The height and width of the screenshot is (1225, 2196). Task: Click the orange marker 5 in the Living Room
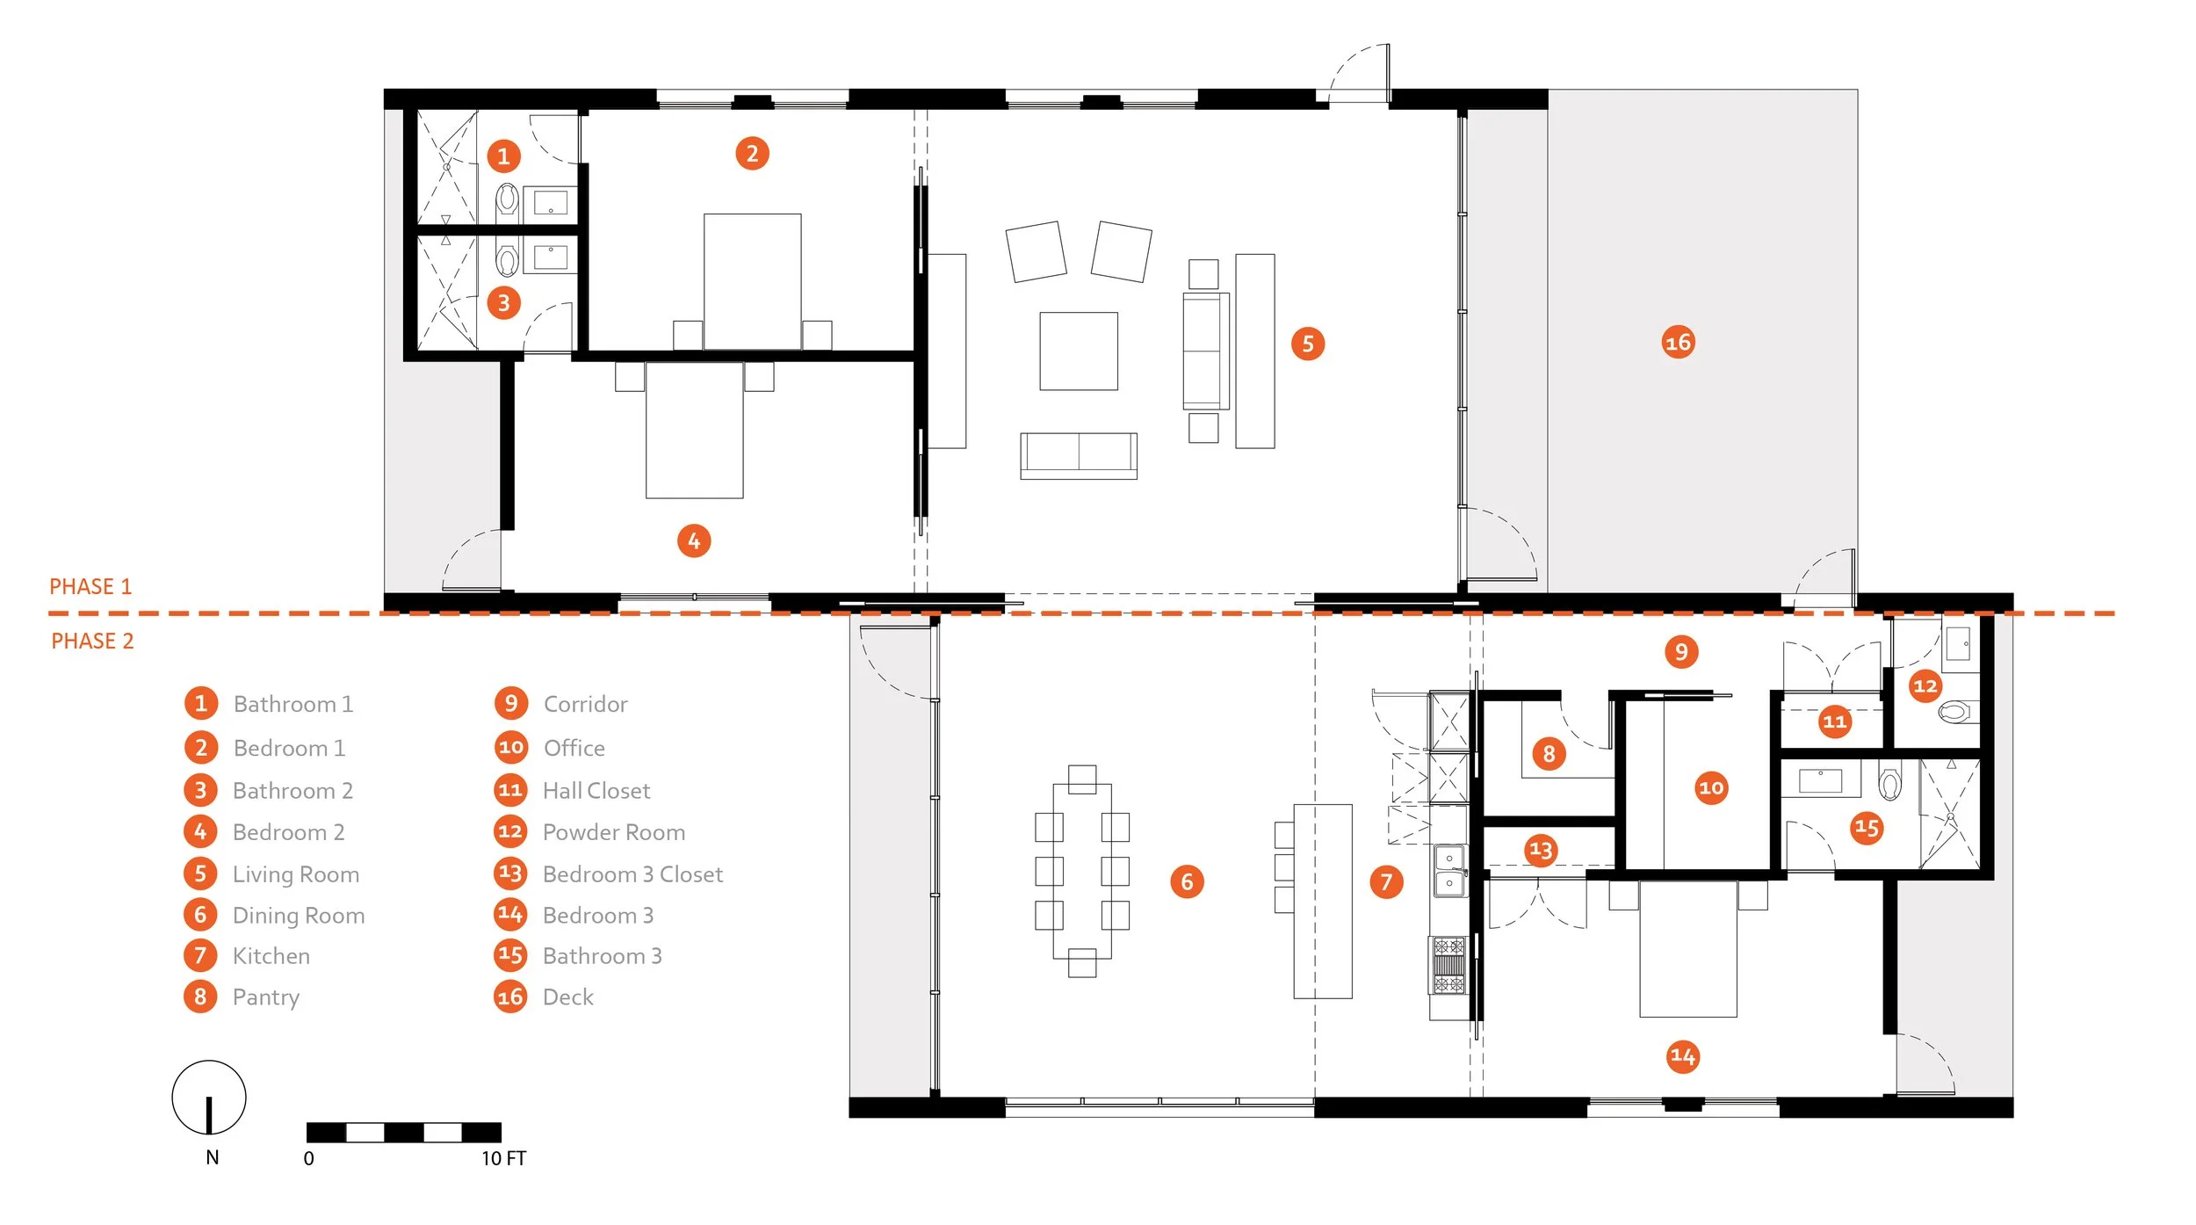click(x=1308, y=344)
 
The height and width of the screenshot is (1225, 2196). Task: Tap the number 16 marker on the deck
click(x=1678, y=342)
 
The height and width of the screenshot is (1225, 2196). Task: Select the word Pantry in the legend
click(x=266, y=997)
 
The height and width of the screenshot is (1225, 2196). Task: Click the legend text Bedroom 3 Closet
click(x=632, y=874)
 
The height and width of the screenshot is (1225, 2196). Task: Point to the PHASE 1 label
click(x=90, y=586)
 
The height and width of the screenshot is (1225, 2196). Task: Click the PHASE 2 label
click(x=92, y=641)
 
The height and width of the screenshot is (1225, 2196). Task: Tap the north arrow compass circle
click(x=209, y=1097)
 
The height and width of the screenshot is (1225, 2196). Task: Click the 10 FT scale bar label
click(x=503, y=1158)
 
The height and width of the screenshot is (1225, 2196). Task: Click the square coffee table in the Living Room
click(x=1079, y=351)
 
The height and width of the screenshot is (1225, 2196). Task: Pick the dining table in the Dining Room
click(x=1082, y=871)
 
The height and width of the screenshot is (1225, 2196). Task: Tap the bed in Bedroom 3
click(x=1688, y=949)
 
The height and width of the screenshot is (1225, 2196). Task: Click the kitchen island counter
click(x=1323, y=901)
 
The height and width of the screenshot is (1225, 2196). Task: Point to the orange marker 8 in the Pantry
click(x=1549, y=753)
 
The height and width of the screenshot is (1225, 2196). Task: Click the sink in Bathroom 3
click(x=1821, y=780)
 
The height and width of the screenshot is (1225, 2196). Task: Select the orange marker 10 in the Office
click(x=1711, y=787)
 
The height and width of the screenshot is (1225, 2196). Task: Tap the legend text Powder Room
click(x=614, y=832)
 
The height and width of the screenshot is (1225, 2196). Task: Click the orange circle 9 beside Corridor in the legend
click(x=510, y=703)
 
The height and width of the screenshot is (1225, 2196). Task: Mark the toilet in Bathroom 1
click(x=508, y=201)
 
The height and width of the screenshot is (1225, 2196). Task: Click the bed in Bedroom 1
click(x=753, y=281)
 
